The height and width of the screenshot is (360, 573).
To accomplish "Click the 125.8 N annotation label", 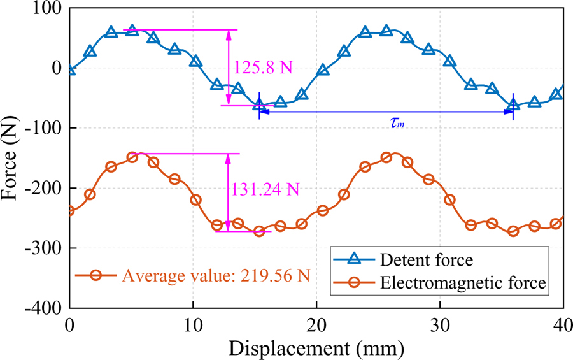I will click(x=263, y=67).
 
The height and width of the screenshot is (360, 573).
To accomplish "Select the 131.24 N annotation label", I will click(x=266, y=189).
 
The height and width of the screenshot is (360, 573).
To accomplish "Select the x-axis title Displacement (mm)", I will click(x=316, y=348).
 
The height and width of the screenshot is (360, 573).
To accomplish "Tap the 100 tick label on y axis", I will click(x=48, y=9).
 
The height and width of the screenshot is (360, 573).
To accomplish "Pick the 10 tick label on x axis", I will click(x=193, y=324).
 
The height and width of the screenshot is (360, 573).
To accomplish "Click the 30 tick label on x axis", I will click(x=440, y=324).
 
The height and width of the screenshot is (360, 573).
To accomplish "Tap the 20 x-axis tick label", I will click(x=316, y=324).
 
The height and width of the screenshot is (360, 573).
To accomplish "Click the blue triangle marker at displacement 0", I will click(x=70, y=69).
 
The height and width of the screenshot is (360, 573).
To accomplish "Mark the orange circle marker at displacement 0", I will click(x=70, y=210).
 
